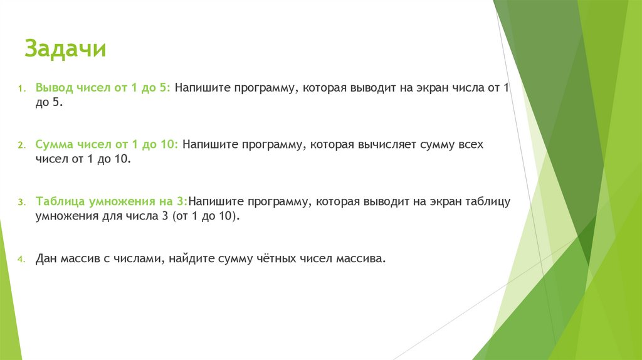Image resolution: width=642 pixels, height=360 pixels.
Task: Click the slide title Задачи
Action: point(65,49)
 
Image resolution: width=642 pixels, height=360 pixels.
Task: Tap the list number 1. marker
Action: point(20,88)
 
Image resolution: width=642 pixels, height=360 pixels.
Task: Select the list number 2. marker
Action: point(20,146)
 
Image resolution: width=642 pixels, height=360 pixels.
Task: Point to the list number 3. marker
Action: point(20,203)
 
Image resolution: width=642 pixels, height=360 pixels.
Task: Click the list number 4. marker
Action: point(20,260)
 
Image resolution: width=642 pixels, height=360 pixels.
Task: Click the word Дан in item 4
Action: point(46,258)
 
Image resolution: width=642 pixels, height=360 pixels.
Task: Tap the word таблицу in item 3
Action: point(489,201)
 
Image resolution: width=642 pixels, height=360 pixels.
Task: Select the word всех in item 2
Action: point(470,144)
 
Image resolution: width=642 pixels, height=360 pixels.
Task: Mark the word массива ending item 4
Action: point(360,258)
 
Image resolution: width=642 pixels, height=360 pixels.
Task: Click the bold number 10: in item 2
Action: point(170,144)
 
